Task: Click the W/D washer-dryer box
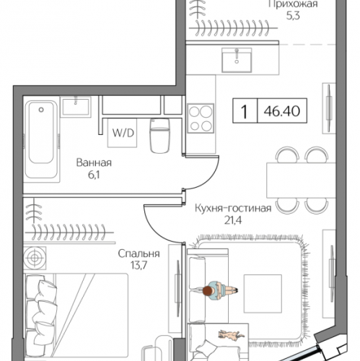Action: coord(122,133)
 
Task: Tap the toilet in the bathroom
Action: coord(159,136)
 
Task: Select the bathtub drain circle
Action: coord(41,110)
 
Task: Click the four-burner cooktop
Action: coord(201,118)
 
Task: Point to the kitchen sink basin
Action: coord(237,60)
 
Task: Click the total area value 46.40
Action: coord(282,111)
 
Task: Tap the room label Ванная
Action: coord(94,162)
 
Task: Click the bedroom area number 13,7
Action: coord(139,265)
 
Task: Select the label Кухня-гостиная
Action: coord(233,208)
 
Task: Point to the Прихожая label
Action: coord(293,4)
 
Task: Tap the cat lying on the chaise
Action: coord(231,336)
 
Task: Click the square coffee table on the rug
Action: coord(263,294)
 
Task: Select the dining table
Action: coord(301,180)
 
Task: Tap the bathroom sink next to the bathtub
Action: coord(76,107)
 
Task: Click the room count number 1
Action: coord(245,111)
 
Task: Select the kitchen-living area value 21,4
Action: coord(233,220)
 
